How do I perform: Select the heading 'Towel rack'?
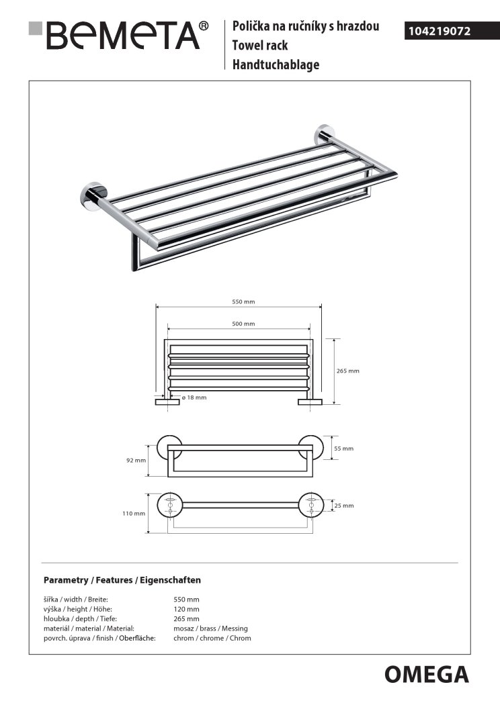(260, 46)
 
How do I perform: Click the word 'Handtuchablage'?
(276, 65)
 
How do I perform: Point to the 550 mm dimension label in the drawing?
(243, 301)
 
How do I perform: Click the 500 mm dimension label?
(243, 324)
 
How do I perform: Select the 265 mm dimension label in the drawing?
(348, 371)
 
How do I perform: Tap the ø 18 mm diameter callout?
(194, 397)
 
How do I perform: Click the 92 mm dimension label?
(136, 461)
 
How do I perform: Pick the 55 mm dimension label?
(343, 448)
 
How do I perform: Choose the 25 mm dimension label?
(344, 505)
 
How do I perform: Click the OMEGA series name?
(426, 673)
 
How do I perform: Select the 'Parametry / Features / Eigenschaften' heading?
(122, 579)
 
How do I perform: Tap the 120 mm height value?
(186, 609)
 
